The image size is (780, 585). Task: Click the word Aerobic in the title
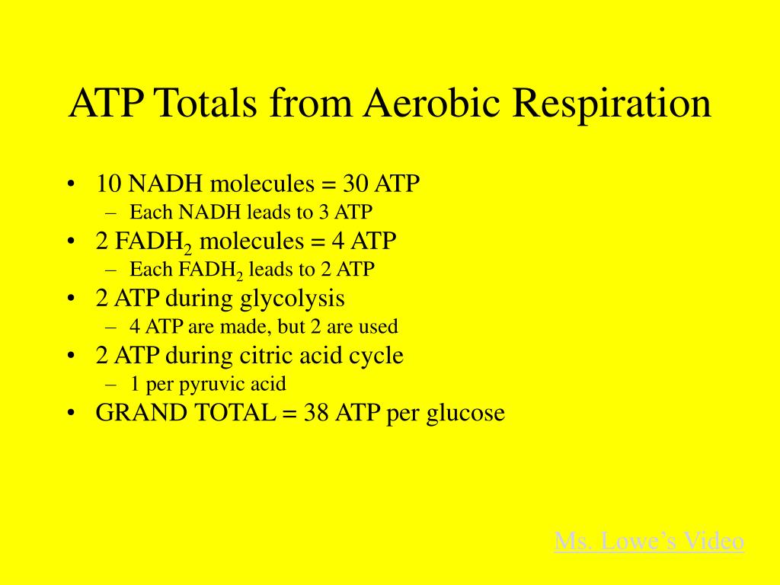(431, 103)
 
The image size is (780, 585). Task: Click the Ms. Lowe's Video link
(649, 541)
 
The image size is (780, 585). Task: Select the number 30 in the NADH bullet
(355, 184)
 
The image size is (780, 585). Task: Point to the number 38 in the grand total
(316, 412)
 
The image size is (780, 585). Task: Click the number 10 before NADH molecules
(108, 184)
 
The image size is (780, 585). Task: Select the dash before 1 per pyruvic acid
(111, 385)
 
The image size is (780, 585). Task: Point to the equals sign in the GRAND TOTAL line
(289, 413)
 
